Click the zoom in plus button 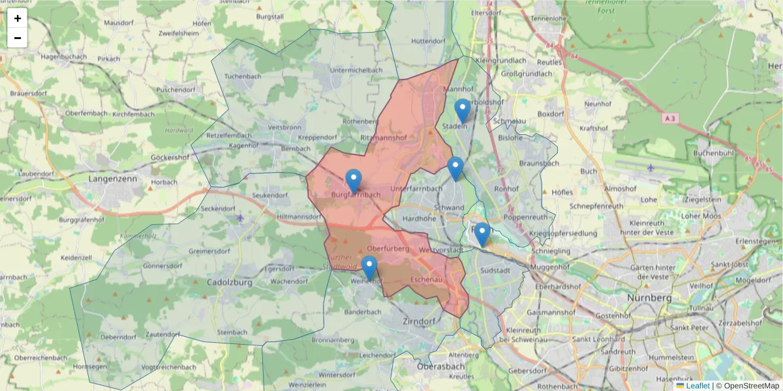click(x=17, y=18)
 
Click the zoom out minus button click(x=17, y=38)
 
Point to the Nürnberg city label click(x=650, y=298)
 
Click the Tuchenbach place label click(x=243, y=76)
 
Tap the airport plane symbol click(x=651, y=167)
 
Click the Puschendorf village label click(x=176, y=89)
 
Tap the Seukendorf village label click(x=269, y=195)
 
